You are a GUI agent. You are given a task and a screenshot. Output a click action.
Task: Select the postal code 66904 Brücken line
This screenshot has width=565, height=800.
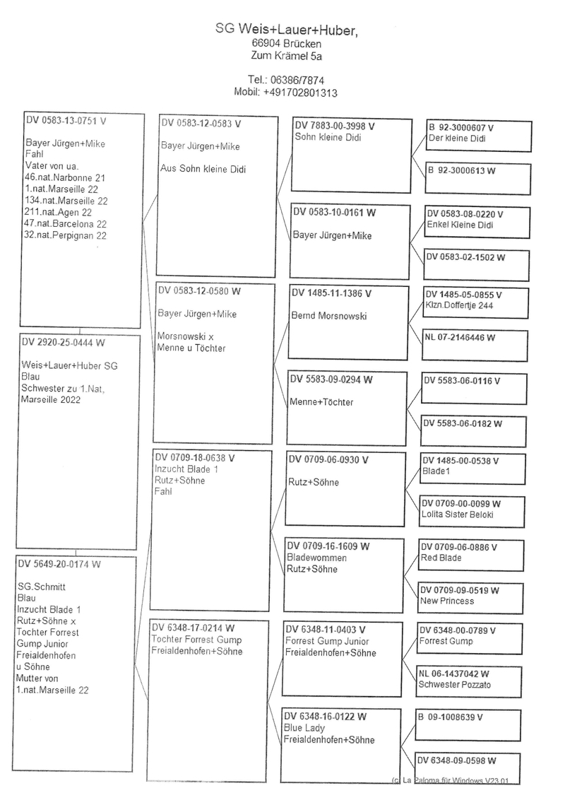pyautogui.click(x=287, y=44)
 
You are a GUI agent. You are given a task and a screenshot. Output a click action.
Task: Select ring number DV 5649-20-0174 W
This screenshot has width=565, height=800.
pyautogui.click(x=59, y=564)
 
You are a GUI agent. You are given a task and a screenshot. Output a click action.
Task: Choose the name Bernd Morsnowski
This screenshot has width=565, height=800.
pyautogui.click(x=329, y=316)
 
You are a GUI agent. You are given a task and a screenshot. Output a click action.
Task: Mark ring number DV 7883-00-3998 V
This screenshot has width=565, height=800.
pyautogui.click(x=334, y=126)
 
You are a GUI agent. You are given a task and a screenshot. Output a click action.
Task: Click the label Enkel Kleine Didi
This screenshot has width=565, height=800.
pyautogui.click(x=461, y=225)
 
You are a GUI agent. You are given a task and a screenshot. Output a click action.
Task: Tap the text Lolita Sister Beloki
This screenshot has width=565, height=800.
pyautogui.click(x=458, y=514)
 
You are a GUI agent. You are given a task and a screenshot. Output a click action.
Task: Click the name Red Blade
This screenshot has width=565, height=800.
pyautogui.click(x=441, y=558)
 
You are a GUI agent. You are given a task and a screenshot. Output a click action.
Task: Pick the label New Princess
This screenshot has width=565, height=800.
pyautogui.click(x=448, y=601)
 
